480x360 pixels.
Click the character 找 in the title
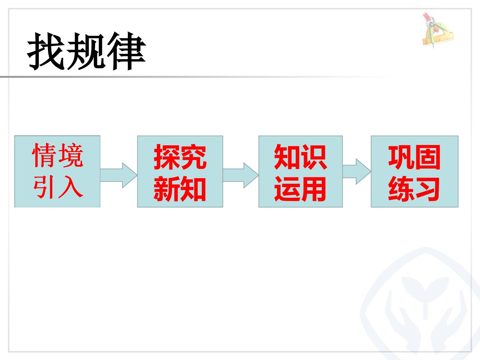point(46,52)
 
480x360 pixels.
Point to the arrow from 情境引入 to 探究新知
point(119,175)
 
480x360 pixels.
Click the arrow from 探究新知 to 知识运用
point(241,175)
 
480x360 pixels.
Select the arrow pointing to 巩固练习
point(356,172)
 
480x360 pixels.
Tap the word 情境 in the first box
point(58,155)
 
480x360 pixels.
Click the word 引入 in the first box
point(58,187)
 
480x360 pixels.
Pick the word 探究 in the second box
point(180,157)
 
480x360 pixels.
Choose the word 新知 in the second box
point(180,189)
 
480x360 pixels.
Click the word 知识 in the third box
point(300,157)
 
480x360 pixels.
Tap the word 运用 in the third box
point(300,189)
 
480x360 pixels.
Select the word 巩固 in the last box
point(414,157)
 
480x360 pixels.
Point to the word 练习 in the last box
point(414,189)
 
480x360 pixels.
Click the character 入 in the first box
point(71,187)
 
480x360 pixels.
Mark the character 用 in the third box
point(313,189)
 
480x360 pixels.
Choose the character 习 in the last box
point(427,189)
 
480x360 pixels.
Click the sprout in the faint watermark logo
point(425,291)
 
